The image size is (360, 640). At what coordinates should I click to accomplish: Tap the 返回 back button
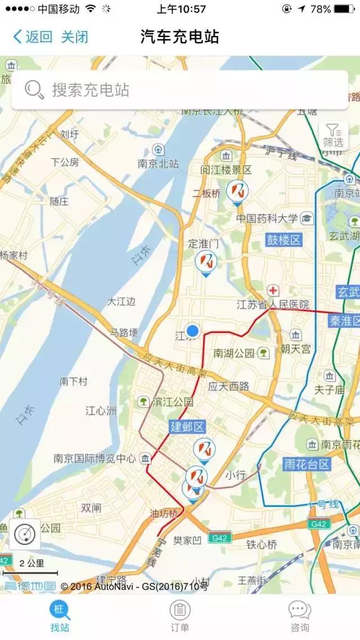click(x=33, y=37)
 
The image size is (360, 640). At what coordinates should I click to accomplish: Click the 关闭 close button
click(x=75, y=37)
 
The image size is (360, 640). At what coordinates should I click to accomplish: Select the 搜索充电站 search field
click(x=180, y=89)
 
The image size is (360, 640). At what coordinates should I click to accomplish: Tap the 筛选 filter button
click(x=333, y=136)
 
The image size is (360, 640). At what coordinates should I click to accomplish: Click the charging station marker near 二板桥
click(x=237, y=191)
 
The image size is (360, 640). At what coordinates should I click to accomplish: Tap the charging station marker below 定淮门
click(x=206, y=262)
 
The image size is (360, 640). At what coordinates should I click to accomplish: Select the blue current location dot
click(x=193, y=330)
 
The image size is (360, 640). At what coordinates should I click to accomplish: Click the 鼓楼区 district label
click(x=285, y=240)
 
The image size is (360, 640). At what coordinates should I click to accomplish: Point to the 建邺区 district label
click(x=187, y=427)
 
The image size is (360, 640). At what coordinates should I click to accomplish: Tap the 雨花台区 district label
click(x=307, y=464)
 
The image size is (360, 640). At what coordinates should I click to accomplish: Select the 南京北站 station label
click(x=158, y=164)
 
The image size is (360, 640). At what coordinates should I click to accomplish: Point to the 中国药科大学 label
click(x=267, y=219)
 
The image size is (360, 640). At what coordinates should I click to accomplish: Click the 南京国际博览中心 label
click(x=94, y=458)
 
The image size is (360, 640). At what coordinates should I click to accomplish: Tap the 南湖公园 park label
click(x=234, y=353)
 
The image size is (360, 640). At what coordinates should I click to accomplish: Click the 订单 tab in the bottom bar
click(x=180, y=616)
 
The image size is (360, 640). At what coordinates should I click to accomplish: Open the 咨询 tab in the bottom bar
click(x=299, y=616)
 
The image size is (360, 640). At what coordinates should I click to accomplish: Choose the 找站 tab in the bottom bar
click(x=60, y=616)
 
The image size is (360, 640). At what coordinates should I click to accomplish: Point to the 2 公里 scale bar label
click(x=31, y=563)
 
